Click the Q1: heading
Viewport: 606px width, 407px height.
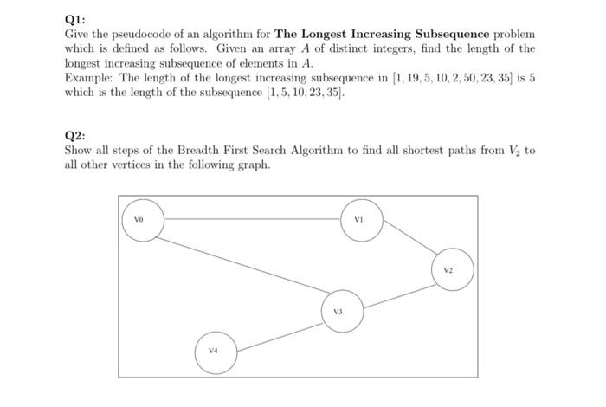(74, 19)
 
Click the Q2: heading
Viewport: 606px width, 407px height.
(74, 136)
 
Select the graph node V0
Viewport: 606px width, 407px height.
(143, 220)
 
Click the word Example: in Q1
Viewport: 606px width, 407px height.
(89, 78)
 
